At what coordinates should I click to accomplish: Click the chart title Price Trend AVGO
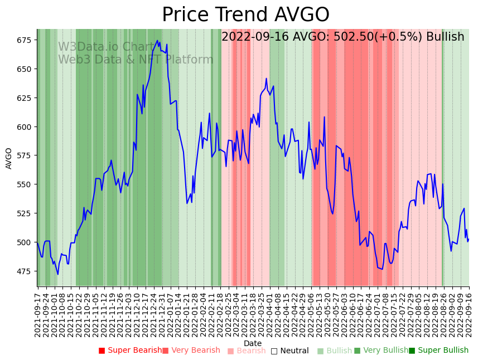[245, 15]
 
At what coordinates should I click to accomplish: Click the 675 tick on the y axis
[23, 40]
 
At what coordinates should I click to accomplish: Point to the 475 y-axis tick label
[23, 271]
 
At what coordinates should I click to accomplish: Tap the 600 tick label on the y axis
[23, 127]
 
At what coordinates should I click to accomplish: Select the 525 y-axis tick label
[23, 213]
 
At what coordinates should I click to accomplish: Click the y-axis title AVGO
[9, 158]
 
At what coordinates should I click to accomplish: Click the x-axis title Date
[252, 343]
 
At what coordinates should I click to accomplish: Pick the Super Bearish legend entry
[131, 351]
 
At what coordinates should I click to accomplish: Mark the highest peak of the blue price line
[157, 40]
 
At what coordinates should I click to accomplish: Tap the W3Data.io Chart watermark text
[106, 47]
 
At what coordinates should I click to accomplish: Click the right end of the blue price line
[469, 239]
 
